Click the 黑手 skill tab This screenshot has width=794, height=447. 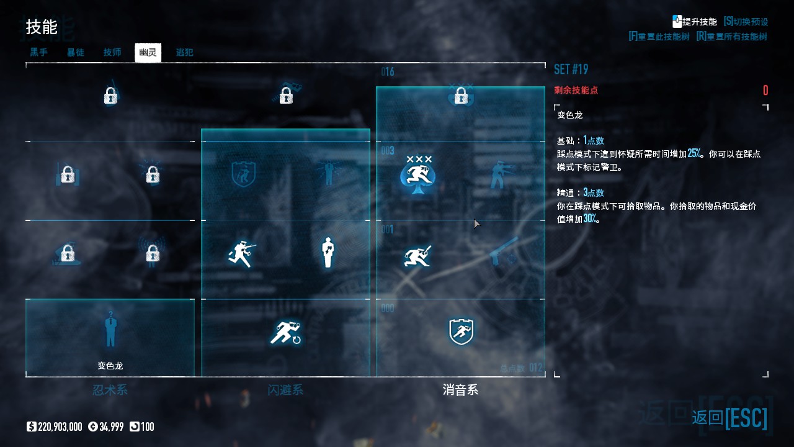[x=38, y=52]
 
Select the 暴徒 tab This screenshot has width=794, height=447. [x=76, y=52]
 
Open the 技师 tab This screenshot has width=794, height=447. [x=112, y=52]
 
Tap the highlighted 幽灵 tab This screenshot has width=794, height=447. [x=148, y=52]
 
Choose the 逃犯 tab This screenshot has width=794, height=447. [x=184, y=52]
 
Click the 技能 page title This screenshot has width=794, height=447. [x=42, y=27]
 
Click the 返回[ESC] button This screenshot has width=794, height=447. [x=729, y=418]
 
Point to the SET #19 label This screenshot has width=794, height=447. [x=571, y=69]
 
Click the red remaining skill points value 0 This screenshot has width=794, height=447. [x=765, y=91]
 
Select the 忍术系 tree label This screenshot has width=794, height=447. [x=110, y=390]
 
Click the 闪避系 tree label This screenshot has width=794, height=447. [x=285, y=390]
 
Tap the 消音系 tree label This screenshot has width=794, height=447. [x=460, y=390]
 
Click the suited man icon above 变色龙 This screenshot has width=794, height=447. [x=110, y=330]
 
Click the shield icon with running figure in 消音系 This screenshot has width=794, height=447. [x=461, y=332]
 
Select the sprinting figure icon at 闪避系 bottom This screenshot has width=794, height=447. [x=285, y=333]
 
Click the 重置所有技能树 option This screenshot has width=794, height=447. [x=731, y=37]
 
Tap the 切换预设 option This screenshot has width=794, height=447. [x=746, y=22]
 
